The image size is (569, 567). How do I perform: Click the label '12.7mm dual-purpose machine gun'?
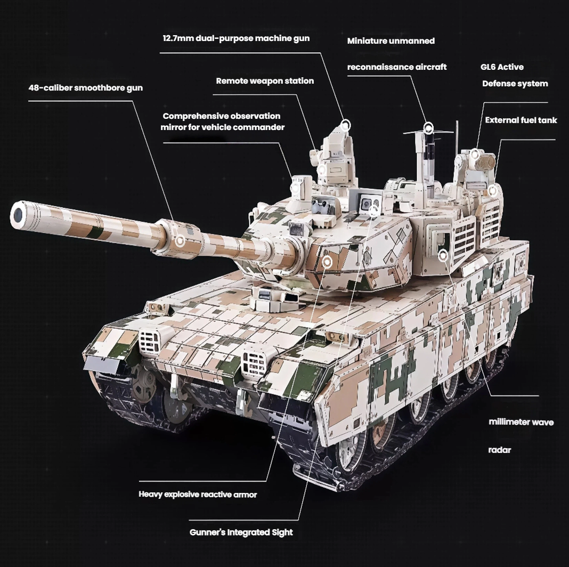tap(236, 38)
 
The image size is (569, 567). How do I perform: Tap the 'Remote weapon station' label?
tap(265, 81)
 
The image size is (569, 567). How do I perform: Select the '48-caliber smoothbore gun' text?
tap(86, 88)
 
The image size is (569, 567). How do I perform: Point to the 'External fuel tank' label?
tap(521, 120)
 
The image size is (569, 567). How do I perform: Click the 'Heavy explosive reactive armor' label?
tap(198, 495)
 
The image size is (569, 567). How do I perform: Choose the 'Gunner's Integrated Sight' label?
tap(241, 532)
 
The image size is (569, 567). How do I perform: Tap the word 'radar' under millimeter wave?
tap(499, 450)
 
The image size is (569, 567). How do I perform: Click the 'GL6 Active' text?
tap(502, 67)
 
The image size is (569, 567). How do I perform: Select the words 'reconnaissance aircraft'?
tap(396, 67)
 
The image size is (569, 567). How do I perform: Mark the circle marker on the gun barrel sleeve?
tap(180, 241)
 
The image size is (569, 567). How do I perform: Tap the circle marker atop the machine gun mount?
tap(346, 126)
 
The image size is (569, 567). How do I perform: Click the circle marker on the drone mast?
tap(428, 128)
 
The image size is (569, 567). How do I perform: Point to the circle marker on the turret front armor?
tap(327, 261)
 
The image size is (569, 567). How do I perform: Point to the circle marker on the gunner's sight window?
tap(373, 210)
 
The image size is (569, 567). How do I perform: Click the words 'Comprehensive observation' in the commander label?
tap(221, 116)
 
